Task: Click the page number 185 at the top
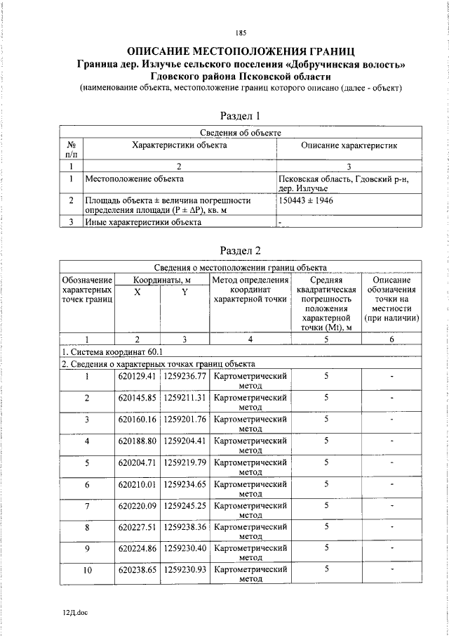pos(241,32)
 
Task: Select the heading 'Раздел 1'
pos(241,116)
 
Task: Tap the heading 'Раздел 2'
pos(241,251)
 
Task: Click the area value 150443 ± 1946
pos(306,200)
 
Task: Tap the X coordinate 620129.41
pos(137,377)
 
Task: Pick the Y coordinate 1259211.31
pos(185,398)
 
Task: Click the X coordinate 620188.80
pos(137,441)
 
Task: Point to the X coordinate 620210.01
pos(137,484)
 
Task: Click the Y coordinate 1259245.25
pos(185,505)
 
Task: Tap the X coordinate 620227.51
pos(137,527)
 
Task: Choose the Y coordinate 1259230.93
pos(185,570)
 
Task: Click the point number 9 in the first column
pos(87,549)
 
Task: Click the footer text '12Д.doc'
pos(75,612)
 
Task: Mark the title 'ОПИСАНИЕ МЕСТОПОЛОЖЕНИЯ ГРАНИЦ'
pos(241,51)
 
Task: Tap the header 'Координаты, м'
pos(162,280)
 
